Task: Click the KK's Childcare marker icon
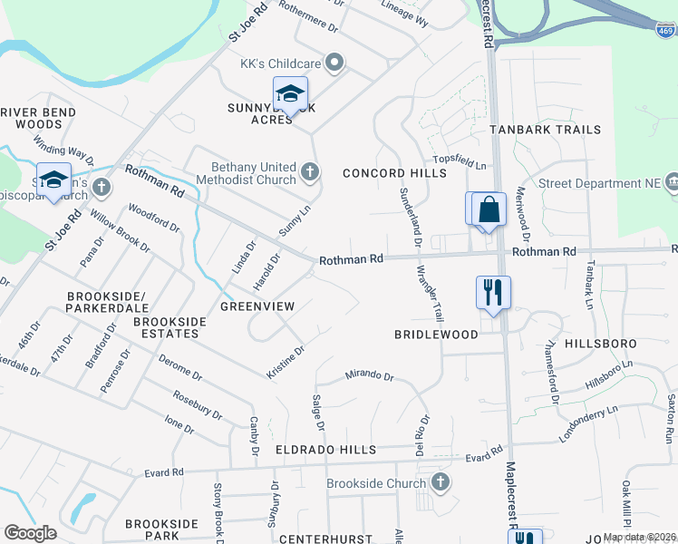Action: pos(334,63)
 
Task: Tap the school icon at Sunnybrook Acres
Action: pos(290,94)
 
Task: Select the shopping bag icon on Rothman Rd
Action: pos(489,209)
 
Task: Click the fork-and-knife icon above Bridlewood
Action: pos(493,293)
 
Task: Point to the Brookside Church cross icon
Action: pos(440,483)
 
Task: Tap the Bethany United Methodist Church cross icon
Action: pos(310,170)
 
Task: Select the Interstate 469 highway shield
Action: pos(666,31)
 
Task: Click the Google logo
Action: pos(30,532)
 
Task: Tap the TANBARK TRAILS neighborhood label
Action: pos(546,130)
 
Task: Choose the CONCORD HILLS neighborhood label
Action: pos(383,173)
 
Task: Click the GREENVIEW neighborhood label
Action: pos(257,306)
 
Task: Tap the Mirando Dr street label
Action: pos(369,375)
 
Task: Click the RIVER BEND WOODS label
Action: pos(38,118)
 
